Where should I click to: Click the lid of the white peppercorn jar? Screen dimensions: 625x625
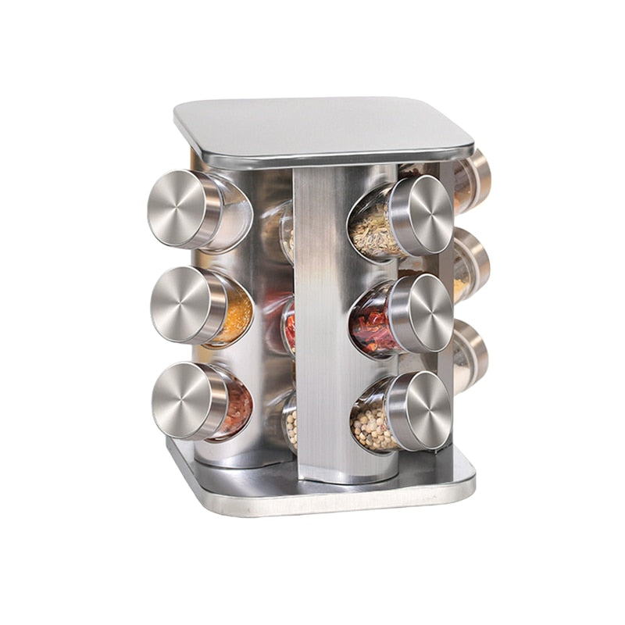(x=419, y=411)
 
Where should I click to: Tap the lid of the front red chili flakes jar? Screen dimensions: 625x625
(x=421, y=312)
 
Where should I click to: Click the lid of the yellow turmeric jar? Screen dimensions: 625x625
(x=180, y=305)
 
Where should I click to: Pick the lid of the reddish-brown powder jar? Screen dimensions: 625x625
(x=181, y=400)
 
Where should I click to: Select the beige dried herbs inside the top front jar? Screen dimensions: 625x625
(x=372, y=230)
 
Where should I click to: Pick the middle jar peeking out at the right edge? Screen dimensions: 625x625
(x=470, y=266)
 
